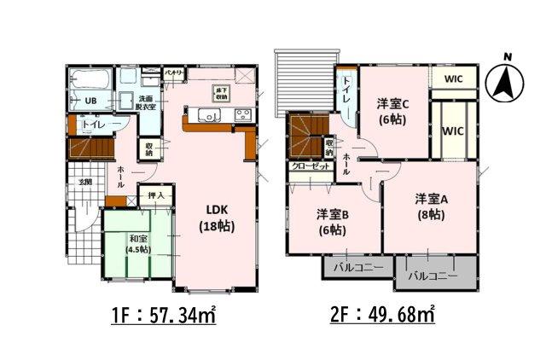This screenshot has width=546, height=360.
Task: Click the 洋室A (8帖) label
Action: pyautogui.click(x=430, y=207)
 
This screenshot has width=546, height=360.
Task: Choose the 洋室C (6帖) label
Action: pyautogui.click(x=393, y=112)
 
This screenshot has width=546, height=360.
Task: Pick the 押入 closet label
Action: pyautogui.click(x=156, y=196)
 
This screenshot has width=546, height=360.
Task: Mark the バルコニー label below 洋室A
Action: pyautogui.click(x=433, y=276)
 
